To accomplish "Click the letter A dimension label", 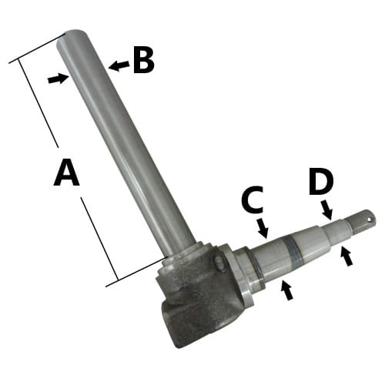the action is coord(67,172).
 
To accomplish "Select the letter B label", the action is coord(144,60).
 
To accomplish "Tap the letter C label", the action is coord(253,199).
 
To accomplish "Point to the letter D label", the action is coord(321,181).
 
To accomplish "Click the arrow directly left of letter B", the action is coord(119,65).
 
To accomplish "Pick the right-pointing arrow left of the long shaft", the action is coord(59,79).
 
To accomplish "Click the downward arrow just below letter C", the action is coord(263,228).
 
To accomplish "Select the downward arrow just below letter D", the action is coord(326,210).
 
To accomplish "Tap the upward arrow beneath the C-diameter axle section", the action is coord(287,290).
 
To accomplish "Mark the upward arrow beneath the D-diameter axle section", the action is coord(346,256).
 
